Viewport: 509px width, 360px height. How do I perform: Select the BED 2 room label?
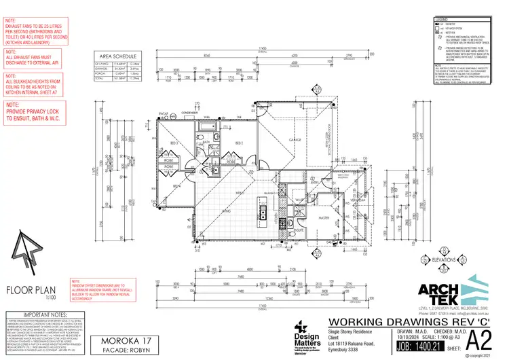click(x=239, y=144)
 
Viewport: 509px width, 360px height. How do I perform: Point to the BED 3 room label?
click(x=173, y=144)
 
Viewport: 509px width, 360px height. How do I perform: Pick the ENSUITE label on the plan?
click(x=299, y=231)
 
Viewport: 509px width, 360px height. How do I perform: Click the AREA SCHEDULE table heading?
click(x=119, y=57)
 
